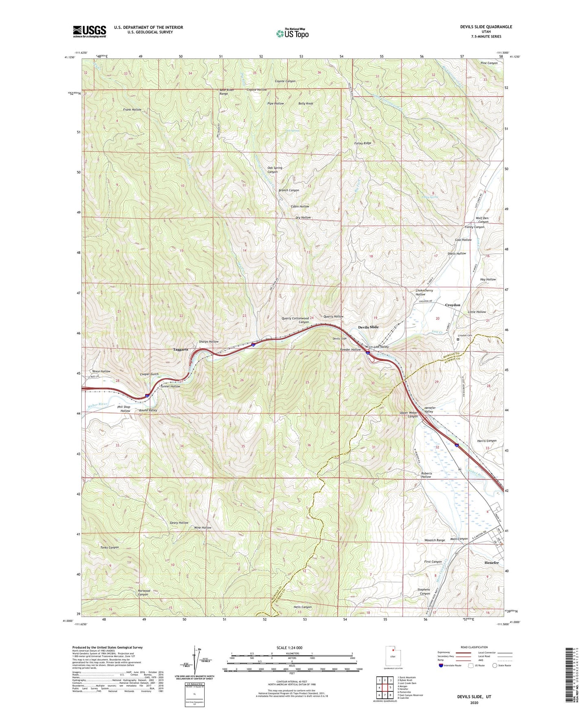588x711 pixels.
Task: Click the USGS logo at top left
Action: (90, 31)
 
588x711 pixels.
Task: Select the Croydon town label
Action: (452, 305)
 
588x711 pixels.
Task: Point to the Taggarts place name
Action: (180, 349)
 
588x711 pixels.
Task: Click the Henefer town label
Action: (492, 563)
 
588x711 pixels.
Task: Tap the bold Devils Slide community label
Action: (368, 327)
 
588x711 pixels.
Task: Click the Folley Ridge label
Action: (362, 143)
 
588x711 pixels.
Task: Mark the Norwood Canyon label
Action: (144, 592)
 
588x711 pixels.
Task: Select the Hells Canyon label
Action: (302, 607)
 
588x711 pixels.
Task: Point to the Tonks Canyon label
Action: (109, 547)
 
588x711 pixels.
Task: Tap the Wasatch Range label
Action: (435, 540)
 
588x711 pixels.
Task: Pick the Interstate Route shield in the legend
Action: (441, 666)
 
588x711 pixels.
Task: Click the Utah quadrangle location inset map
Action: (392, 657)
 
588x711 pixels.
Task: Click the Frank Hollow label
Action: (132, 110)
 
